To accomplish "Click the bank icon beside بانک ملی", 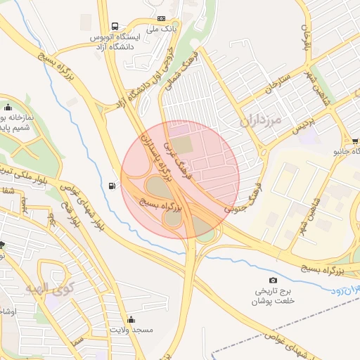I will [162, 18].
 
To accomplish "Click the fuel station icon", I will [112, 186].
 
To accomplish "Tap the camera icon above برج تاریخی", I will [274, 281].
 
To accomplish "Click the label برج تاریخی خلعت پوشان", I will [274, 295].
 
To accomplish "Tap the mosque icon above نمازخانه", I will [11, 108].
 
